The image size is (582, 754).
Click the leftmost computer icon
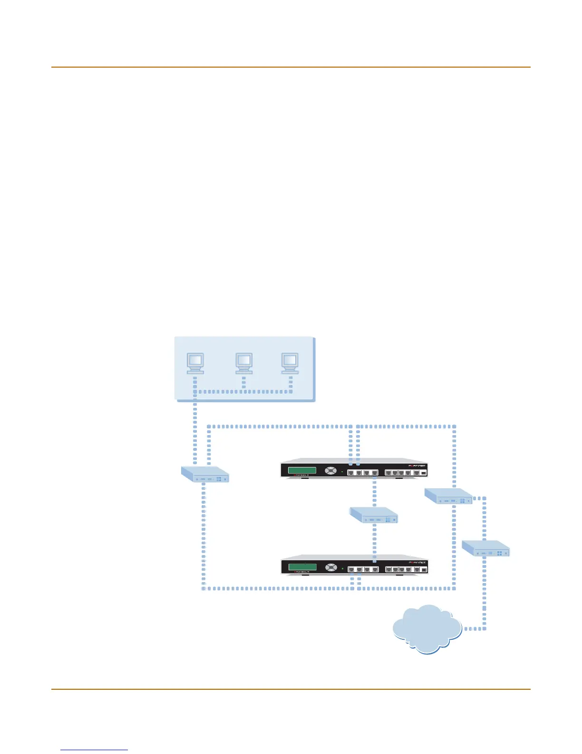195,363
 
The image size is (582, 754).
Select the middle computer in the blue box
244,363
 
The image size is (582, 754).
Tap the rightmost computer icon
290,363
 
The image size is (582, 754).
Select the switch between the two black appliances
374,515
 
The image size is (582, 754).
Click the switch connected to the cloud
485,548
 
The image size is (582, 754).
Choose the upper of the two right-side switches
448,496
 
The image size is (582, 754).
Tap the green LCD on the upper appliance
302,471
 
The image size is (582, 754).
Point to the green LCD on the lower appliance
302,567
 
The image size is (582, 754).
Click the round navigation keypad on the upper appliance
330,471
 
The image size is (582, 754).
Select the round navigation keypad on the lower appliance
330,567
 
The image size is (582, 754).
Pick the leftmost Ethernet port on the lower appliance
351,569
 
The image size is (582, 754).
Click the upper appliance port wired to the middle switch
375,473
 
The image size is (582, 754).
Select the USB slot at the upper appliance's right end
424,473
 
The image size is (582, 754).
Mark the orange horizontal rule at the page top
291,67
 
